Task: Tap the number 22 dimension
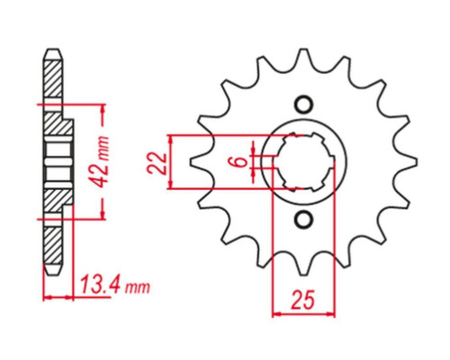[x=157, y=164]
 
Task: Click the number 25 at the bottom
[x=303, y=300]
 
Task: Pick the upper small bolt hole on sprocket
[x=303, y=104]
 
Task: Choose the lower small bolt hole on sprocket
[x=303, y=220]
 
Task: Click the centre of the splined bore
[x=304, y=162]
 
